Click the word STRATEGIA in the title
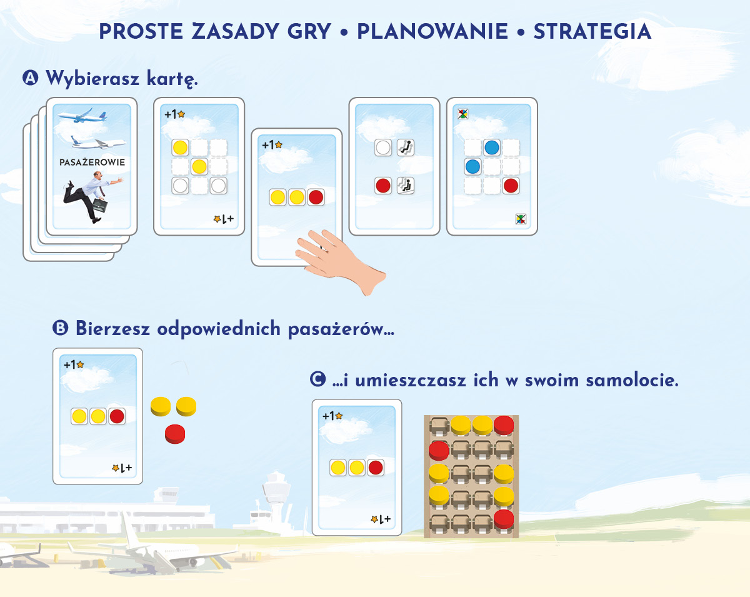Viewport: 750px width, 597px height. [592, 31]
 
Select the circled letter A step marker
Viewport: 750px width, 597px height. [31, 78]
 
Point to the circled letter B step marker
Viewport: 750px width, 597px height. [60, 328]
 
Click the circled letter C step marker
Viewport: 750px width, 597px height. [317, 379]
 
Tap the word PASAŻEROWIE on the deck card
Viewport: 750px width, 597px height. [92, 162]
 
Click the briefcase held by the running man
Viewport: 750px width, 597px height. [100, 206]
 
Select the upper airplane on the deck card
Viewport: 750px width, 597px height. [82, 115]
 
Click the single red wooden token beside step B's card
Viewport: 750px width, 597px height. [175, 434]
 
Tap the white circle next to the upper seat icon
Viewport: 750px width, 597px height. [383, 148]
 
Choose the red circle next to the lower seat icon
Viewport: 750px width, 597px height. [383, 186]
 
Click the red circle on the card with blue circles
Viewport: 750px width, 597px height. [511, 186]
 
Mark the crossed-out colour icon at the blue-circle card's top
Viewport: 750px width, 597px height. [462, 114]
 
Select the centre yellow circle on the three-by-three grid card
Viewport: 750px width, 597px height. [199, 167]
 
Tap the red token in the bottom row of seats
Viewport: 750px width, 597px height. [504, 519]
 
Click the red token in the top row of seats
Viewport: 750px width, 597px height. [504, 424]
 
